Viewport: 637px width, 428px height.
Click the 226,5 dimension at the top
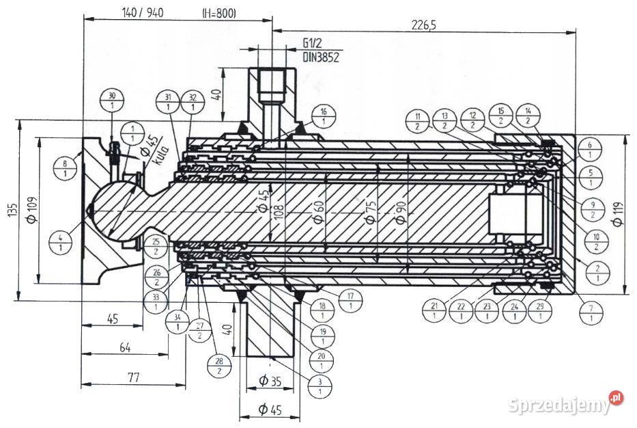[x=423, y=25]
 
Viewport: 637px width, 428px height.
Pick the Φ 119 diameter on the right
[x=619, y=214]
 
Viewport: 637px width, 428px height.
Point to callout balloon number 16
[x=323, y=117]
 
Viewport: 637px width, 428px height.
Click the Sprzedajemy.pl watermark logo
[x=566, y=403]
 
